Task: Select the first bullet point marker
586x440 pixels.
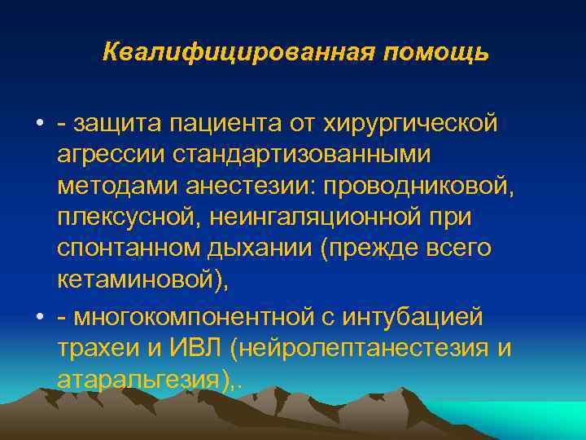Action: tap(39, 124)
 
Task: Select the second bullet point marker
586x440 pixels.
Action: tap(39, 315)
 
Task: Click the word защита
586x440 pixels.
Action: tap(119, 124)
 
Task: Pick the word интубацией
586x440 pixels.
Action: tap(413, 315)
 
